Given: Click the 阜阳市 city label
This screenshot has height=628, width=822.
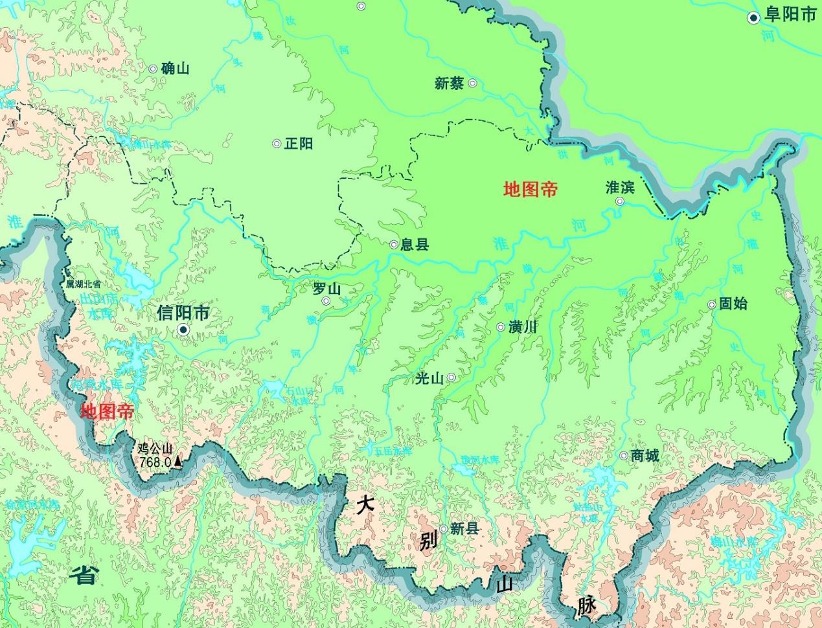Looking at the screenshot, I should (790, 16).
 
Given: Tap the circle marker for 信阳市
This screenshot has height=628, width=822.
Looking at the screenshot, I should (183, 330).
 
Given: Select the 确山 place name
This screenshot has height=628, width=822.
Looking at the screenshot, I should (175, 68).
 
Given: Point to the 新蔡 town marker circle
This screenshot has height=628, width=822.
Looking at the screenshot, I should (473, 83).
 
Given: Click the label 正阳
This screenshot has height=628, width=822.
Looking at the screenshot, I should (299, 143).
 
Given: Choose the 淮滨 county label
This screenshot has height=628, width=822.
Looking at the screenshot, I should (620, 187).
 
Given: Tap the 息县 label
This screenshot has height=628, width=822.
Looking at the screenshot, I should (415, 244).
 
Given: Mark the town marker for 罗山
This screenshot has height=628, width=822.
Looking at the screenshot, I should (326, 301).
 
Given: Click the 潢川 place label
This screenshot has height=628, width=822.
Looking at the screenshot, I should (523, 327).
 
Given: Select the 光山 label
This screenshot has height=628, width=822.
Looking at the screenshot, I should (429, 379).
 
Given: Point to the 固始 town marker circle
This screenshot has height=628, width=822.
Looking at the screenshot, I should (712, 304).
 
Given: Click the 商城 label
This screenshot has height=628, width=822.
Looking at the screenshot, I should (645, 456).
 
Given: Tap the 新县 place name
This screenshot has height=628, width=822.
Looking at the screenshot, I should (464, 528).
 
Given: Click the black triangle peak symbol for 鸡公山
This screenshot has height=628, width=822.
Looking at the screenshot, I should (177, 462).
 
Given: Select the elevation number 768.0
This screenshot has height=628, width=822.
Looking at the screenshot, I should (155, 462).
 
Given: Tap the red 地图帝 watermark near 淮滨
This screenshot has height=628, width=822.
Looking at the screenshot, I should (531, 189).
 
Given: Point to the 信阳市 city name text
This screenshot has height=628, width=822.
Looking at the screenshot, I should (183, 313).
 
